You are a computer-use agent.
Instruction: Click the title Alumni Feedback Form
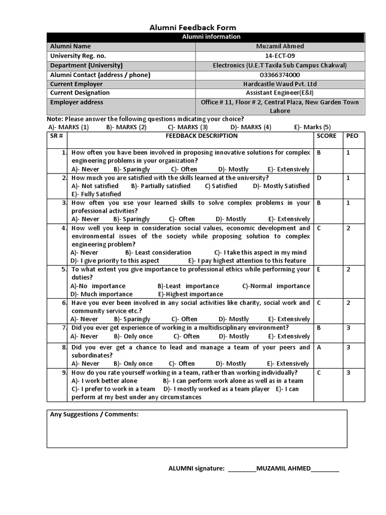[192, 28]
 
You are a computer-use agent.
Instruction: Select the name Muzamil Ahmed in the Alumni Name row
[280, 46]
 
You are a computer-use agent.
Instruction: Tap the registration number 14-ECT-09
[280, 56]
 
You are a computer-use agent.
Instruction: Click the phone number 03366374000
[280, 74]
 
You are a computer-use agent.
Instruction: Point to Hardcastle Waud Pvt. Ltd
[280, 84]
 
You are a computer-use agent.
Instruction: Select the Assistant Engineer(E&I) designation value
[280, 93]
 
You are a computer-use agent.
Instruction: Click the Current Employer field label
[76, 84]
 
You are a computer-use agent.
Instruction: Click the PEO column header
[352, 136]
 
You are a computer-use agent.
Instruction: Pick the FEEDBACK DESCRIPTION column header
[202, 136]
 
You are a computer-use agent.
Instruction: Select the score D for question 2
[319, 178]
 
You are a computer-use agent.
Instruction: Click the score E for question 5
[319, 270]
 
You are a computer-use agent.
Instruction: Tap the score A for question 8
[319, 348]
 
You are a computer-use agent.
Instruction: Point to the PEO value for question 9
[348, 373]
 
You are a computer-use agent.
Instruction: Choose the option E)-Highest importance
[190, 294]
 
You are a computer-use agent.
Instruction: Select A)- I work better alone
[104, 381]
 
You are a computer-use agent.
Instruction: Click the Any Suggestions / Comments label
[94, 415]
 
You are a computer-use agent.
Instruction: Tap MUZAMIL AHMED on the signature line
[283, 469]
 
